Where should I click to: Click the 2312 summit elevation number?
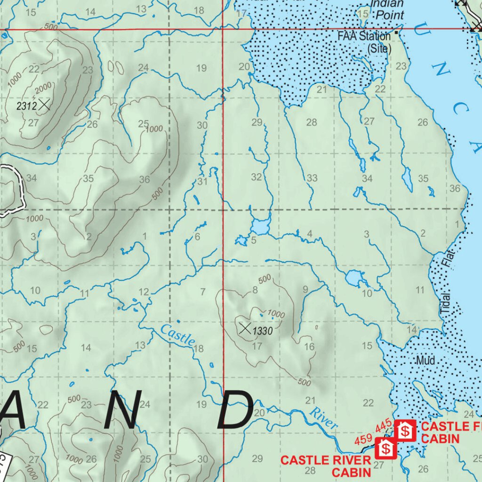(x=26, y=106)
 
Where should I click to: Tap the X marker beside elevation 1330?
(x=245, y=329)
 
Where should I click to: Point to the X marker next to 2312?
(x=45, y=104)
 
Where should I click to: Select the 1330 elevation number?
(x=262, y=331)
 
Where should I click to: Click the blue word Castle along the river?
(x=177, y=336)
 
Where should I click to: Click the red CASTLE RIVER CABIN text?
(x=325, y=465)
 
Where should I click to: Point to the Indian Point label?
(x=387, y=9)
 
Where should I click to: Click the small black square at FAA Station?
(x=397, y=32)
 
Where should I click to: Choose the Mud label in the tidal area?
(x=426, y=361)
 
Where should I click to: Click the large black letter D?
(x=237, y=410)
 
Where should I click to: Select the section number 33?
(x=312, y=178)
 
